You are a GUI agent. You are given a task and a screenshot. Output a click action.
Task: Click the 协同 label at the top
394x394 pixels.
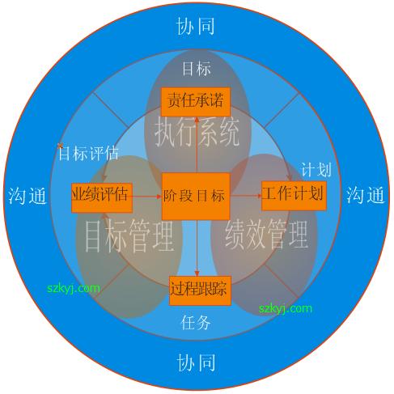pos(196,26)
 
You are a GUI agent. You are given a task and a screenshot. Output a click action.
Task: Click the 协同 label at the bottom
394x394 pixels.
pos(196,362)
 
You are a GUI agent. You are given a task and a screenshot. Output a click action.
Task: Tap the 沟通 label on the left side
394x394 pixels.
pos(28,196)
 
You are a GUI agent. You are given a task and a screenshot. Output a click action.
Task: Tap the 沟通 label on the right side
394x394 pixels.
pos(366,195)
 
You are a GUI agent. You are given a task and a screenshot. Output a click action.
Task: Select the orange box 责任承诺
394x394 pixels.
pos(196,102)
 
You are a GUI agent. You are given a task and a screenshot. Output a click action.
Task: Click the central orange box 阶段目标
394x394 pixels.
pos(196,197)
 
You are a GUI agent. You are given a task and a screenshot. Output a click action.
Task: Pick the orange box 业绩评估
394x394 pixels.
pos(102,197)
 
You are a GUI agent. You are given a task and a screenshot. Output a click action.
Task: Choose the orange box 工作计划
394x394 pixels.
pos(294,196)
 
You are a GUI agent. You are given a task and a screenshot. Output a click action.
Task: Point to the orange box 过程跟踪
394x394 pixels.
pos(200,290)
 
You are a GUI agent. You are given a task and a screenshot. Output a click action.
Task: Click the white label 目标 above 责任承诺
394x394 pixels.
pos(196,69)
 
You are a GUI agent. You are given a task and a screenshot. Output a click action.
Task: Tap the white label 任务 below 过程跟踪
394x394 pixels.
pos(196,322)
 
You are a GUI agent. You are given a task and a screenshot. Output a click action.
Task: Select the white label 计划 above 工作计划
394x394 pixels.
pos(316,169)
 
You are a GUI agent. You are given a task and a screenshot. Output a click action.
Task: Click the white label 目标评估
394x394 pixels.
pos(89,153)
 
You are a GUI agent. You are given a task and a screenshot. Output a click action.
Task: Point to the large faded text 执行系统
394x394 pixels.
pos(197,133)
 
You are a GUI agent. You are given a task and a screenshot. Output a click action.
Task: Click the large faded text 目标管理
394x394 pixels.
pos(129,236)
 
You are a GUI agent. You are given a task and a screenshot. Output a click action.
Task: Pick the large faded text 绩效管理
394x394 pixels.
pos(266,234)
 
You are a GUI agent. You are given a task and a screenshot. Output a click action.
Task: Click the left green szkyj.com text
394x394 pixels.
pos(74,289)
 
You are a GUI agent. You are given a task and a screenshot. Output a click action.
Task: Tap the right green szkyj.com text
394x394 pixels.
pos(286,308)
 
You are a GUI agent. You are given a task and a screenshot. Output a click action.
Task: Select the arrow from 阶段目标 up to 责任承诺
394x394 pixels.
pos(197,145)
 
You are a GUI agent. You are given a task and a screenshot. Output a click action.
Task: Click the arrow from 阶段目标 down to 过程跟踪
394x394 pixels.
pos(197,248)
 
